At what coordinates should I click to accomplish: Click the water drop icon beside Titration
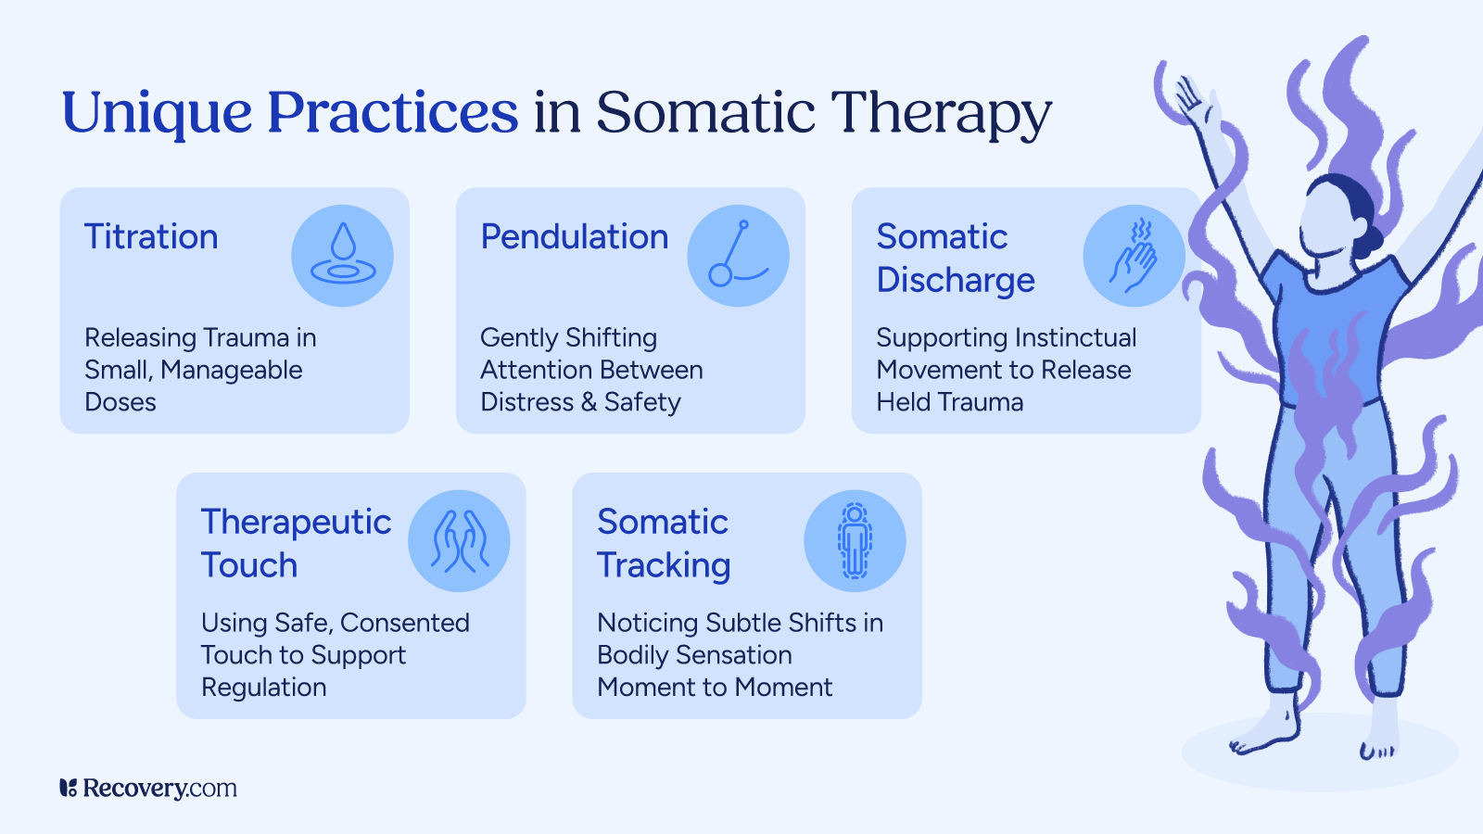pyautogui.click(x=342, y=256)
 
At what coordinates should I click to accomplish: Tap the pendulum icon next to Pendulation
pyautogui.click(x=738, y=256)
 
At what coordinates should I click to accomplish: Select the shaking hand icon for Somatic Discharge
pyautogui.click(x=1134, y=256)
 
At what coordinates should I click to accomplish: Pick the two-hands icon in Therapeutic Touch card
pyautogui.click(x=459, y=541)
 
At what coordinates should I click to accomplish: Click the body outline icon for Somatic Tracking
pyautogui.click(x=854, y=541)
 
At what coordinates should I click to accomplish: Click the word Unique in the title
pyautogui.click(x=157, y=113)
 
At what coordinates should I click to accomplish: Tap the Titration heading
pyautogui.click(x=151, y=237)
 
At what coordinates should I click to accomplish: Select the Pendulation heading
pyautogui.click(x=574, y=237)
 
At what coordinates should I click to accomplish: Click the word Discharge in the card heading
pyautogui.click(x=956, y=281)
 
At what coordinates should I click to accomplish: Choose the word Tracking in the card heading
pyautogui.click(x=664, y=566)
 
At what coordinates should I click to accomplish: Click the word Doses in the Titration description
pyautogui.click(x=120, y=402)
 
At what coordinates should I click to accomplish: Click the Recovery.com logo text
pyautogui.click(x=159, y=789)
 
